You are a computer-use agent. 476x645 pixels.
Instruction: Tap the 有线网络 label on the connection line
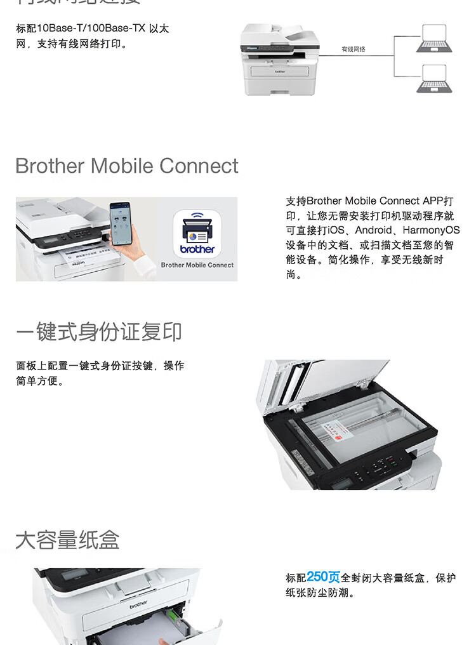(354, 49)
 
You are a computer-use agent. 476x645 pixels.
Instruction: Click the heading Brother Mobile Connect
(127, 166)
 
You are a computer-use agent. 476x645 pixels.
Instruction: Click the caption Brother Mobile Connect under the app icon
(197, 265)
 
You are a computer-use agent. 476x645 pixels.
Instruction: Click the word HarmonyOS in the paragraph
(431, 230)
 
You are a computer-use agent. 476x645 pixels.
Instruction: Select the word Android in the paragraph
(374, 230)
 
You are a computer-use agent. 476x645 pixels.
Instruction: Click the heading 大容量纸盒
(67, 540)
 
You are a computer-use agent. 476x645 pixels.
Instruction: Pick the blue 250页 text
(323, 577)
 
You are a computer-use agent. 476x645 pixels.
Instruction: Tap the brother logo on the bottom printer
(138, 603)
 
